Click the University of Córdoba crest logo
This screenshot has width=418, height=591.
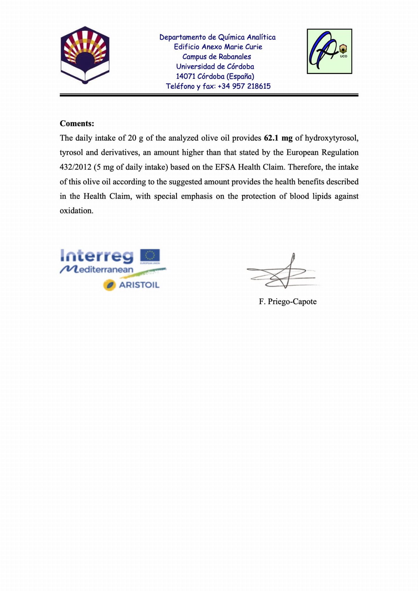[x=85, y=55]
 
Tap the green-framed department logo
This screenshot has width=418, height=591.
[x=329, y=51]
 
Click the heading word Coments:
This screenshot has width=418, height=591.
[x=77, y=124]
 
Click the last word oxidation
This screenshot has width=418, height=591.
[x=76, y=211]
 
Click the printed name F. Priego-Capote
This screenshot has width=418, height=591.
[x=288, y=302]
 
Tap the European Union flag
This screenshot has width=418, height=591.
[x=150, y=256]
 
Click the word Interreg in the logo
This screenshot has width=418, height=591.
[x=97, y=256]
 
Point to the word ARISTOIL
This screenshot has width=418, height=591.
[x=139, y=285]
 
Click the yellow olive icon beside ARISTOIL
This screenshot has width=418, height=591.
[x=109, y=285]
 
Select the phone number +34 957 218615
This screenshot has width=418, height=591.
[x=244, y=86]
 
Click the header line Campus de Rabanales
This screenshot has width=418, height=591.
[x=217, y=57]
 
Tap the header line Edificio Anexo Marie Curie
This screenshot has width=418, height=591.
[x=218, y=47]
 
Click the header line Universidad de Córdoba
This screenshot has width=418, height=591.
[x=215, y=66]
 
